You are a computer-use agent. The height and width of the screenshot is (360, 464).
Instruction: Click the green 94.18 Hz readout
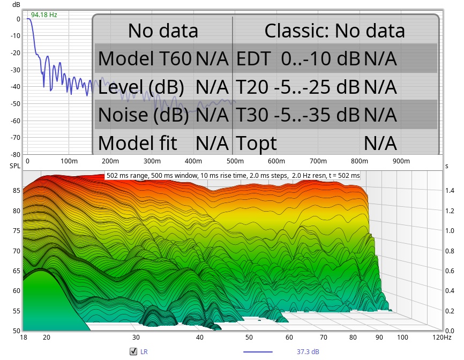click(44, 14)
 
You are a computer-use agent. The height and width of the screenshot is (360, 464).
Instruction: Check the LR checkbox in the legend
click(133, 352)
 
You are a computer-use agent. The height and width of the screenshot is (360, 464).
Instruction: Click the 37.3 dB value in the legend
click(309, 352)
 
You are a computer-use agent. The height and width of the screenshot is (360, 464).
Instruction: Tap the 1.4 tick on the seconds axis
click(450, 191)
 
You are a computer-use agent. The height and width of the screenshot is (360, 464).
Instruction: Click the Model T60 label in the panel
click(145, 58)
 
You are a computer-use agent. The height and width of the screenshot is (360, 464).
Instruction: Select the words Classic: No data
click(334, 31)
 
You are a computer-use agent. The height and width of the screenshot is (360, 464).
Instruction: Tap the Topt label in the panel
click(257, 143)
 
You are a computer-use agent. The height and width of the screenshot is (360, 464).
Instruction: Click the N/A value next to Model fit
click(212, 143)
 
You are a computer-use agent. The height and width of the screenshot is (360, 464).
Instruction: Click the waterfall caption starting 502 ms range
click(233, 176)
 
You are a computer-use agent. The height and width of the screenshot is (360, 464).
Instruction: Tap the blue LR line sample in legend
click(258, 352)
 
